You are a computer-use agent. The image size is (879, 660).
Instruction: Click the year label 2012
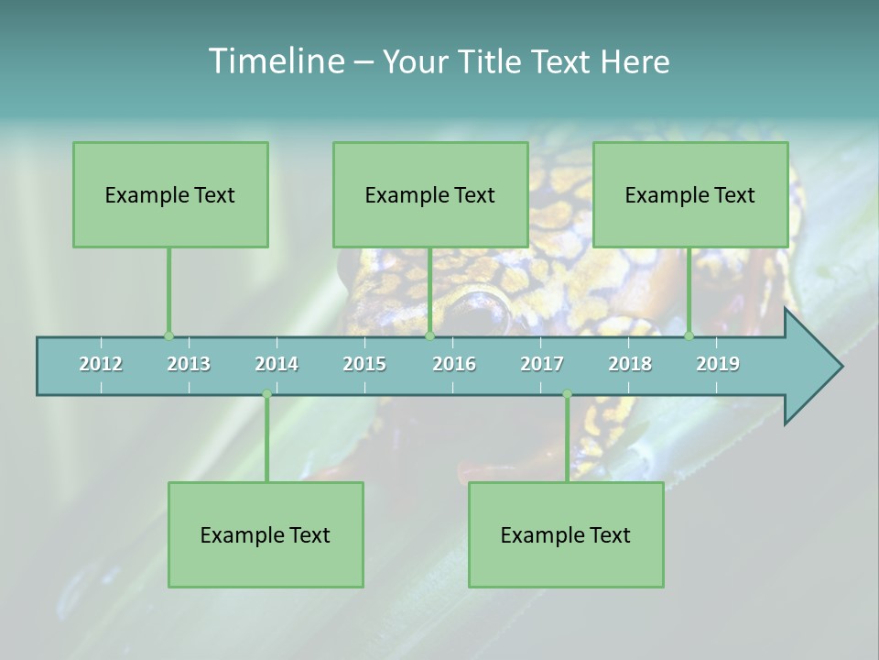click(x=101, y=364)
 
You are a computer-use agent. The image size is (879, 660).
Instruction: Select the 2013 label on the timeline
click(x=189, y=364)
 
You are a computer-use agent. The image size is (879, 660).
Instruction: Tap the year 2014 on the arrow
click(x=277, y=364)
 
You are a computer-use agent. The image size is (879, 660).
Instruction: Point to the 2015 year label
click(x=364, y=364)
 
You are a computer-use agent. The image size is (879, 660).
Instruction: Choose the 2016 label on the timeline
click(x=454, y=364)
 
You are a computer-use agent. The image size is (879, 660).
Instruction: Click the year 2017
click(x=542, y=364)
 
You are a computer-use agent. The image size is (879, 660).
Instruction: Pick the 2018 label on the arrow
click(x=630, y=364)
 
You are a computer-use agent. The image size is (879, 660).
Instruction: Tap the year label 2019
click(x=718, y=364)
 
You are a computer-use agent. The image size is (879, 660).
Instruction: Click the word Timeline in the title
click(x=275, y=61)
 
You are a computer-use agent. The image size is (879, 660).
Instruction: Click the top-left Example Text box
click(x=170, y=194)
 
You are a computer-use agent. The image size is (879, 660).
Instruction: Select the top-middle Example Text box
click(x=430, y=194)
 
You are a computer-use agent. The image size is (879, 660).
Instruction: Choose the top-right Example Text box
click(x=690, y=194)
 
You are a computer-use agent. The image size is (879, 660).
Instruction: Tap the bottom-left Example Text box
click(x=266, y=534)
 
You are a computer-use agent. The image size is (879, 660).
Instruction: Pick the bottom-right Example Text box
click(x=566, y=534)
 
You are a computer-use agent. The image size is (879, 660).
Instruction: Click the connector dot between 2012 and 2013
click(x=168, y=336)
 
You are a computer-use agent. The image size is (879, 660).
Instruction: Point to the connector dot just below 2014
click(x=266, y=394)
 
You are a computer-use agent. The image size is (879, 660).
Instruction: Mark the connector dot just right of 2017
click(x=567, y=394)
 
